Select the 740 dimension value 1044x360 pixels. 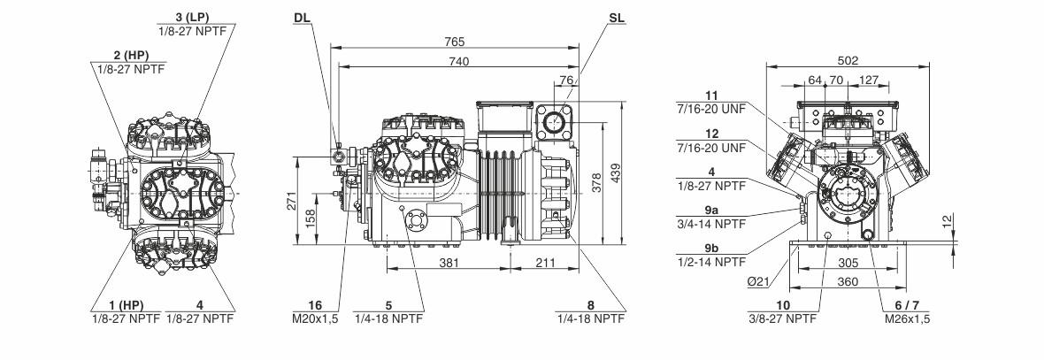[458, 61]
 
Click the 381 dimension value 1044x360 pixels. [449, 263]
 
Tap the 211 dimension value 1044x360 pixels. [544, 263]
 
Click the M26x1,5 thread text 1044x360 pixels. [907, 318]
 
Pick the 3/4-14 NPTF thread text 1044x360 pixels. [711, 225]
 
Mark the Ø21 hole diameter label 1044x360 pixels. [758, 281]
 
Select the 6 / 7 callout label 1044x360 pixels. [907, 305]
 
